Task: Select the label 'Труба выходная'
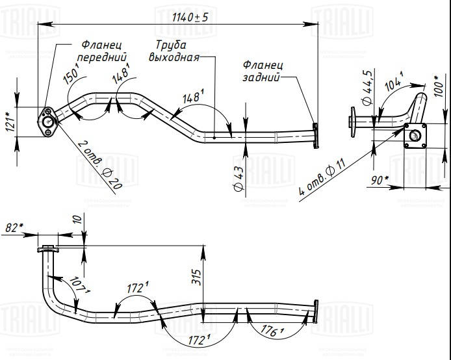(172, 51)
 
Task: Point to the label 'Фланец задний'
(263, 71)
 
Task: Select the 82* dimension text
(14, 228)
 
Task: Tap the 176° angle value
(274, 332)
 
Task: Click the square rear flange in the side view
(414, 136)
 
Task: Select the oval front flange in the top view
(47, 123)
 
